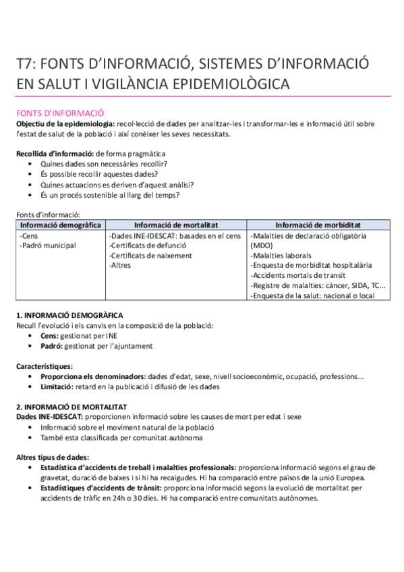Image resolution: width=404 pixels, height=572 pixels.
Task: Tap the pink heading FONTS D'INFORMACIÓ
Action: pyautogui.click(x=60, y=113)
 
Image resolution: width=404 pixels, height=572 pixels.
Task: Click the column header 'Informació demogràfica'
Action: pyautogui.click(x=61, y=225)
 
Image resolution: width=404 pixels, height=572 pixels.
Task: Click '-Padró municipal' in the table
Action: pyautogui.click(x=48, y=246)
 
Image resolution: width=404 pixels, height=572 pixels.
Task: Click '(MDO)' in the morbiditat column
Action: pyautogui.click(x=262, y=246)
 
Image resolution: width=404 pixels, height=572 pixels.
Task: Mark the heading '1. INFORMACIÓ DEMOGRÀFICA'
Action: pyautogui.click(x=69, y=316)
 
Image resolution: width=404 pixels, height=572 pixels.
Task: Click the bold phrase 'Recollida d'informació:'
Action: pyautogui.click(x=55, y=154)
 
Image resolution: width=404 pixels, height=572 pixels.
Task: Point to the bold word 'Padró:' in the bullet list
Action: pyautogui.click(x=53, y=346)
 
